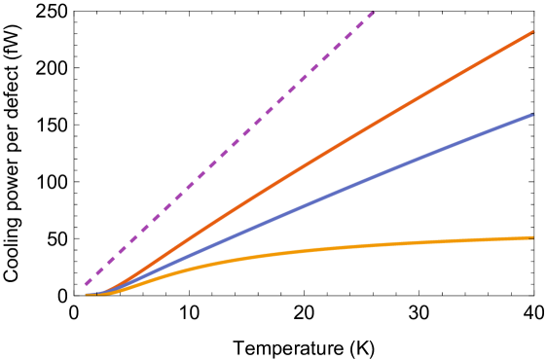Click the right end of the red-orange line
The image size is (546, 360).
tap(532, 32)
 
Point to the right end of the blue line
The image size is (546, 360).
tap(532, 115)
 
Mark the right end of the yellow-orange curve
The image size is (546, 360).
tap(532, 237)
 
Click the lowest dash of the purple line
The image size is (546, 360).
tap(88, 282)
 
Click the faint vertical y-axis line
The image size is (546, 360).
tap(74, 146)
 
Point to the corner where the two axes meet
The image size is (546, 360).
tap(74, 296)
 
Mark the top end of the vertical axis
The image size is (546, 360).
tap(74, 14)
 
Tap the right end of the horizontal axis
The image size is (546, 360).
tap(531, 296)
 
